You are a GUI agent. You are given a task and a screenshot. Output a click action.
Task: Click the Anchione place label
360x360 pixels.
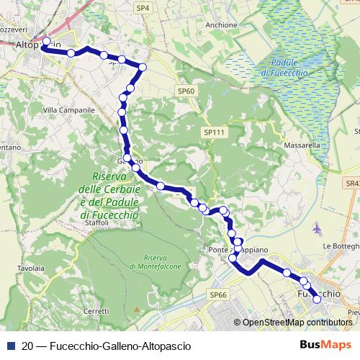[x=220, y=24]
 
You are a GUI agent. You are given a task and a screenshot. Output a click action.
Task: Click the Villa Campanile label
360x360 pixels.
[x=69, y=110]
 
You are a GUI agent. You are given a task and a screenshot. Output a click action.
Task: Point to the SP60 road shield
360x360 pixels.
[x=186, y=91]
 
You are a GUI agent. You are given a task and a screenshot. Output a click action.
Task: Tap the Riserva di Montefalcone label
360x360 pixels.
[x=155, y=262]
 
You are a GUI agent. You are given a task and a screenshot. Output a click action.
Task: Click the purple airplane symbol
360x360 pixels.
[x=318, y=229]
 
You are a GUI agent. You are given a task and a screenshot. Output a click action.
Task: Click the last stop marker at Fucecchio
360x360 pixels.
[x=316, y=290]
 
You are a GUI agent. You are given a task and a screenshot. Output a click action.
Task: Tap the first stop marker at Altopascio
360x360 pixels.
[x=46, y=41]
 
